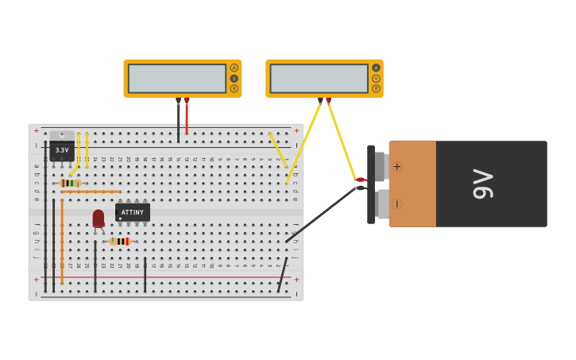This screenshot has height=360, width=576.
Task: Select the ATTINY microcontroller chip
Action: (x=133, y=212)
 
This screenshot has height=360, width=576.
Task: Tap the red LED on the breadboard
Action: (x=99, y=218)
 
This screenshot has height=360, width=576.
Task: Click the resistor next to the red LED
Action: (x=119, y=242)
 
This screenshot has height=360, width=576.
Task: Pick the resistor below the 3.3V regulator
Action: (x=70, y=183)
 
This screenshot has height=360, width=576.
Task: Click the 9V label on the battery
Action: (x=482, y=184)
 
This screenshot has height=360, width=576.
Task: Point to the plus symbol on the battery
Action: (x=396, y=166)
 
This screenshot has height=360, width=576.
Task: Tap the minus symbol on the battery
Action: (x=396, y=203)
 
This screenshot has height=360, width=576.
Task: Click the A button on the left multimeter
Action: (x=234, y=68)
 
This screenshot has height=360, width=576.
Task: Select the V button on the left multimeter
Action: (x=234, y=78)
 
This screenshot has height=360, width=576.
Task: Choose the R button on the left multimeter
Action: (x=234, y=88)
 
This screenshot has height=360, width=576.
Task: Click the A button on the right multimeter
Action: (x=376, y=68)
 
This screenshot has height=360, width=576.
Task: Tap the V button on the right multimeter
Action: (x=376, y=78)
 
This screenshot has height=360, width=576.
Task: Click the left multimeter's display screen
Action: (x=177, y=78)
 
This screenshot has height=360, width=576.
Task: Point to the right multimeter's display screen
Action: (x=319, y=78)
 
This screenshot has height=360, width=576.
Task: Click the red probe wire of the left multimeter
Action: (x=187, y=118)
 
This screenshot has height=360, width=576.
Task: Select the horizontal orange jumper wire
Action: (x=91, y=192)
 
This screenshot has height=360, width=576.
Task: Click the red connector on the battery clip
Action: (x=360, y=180)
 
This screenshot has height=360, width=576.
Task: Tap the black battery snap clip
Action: (x=371, y=184)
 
